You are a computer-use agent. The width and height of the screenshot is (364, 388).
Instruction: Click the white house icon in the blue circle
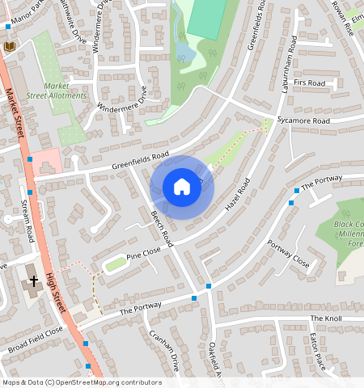coord(182,187)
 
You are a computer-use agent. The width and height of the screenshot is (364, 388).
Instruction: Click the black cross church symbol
coord(34,281)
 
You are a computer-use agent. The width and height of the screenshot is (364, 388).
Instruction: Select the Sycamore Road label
coord(303,120)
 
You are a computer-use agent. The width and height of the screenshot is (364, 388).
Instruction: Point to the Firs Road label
coord(309,83)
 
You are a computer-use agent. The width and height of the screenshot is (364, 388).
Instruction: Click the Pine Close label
coord(143,255)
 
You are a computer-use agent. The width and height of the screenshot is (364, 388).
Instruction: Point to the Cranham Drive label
coord(163,350)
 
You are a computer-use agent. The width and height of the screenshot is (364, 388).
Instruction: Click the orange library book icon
coord(10,47)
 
